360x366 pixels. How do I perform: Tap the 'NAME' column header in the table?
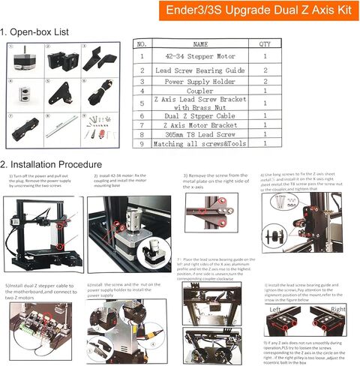(x=200, y=44)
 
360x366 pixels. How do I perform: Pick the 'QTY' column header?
(x=265, y=44)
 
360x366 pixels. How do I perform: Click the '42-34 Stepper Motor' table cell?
(x=200, y=55)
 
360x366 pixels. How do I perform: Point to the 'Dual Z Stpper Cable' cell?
(x=200, y=118)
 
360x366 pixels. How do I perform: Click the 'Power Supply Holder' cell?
(x=200, y=79)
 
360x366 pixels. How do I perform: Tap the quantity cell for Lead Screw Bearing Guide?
(x=265, y=67)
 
